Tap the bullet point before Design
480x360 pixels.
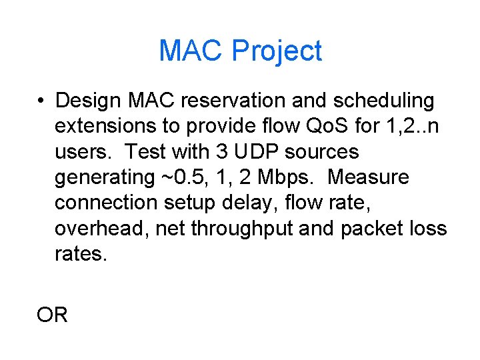41,101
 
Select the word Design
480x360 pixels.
88,101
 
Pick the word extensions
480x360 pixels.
108,126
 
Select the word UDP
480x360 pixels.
255,151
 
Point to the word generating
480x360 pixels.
105,178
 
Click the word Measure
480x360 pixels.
369,177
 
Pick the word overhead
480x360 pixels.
102,228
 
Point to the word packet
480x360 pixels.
371,228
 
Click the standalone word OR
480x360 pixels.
53,315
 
